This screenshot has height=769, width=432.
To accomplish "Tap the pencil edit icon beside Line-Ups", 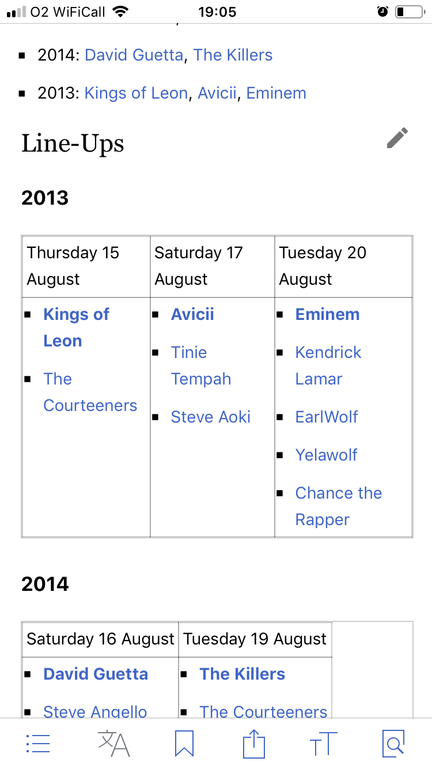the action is [x=397, y=138].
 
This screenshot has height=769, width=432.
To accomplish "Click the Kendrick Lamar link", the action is [x=328, y=365].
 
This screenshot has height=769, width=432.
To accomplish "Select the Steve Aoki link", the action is [x=210, y=417].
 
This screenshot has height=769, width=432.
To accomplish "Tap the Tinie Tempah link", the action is [x=200, y=365].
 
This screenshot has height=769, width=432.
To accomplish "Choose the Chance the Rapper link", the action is [x=338, y=506].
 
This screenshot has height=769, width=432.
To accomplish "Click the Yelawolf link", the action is [x=327, y=455].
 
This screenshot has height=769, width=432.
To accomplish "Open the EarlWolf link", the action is [x=327, y=417].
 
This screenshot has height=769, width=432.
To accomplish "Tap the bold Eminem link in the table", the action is [x=327, y=315].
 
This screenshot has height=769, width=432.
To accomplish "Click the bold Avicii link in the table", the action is [x=192, y=315].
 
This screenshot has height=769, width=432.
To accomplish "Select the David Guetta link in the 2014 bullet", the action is [x=134, y=55].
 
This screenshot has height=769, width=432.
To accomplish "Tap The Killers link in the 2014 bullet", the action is [x=233, y=55].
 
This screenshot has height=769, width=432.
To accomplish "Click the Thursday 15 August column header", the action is [x=86, y=266].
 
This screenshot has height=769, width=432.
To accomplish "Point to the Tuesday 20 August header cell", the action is [x=343, y=266].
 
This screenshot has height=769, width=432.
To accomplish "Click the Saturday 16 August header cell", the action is [x=100, y=639].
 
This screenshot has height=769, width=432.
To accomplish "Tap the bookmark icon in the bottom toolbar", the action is [x=184, y=744].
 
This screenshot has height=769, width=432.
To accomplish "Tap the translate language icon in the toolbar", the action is [x=114, y=744].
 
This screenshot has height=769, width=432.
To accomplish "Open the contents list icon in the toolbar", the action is [x=38, y=744].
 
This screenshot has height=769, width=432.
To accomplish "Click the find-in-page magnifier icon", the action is [x=393, y=744].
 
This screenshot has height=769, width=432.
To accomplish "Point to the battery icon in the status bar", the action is [x=410, y=12].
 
